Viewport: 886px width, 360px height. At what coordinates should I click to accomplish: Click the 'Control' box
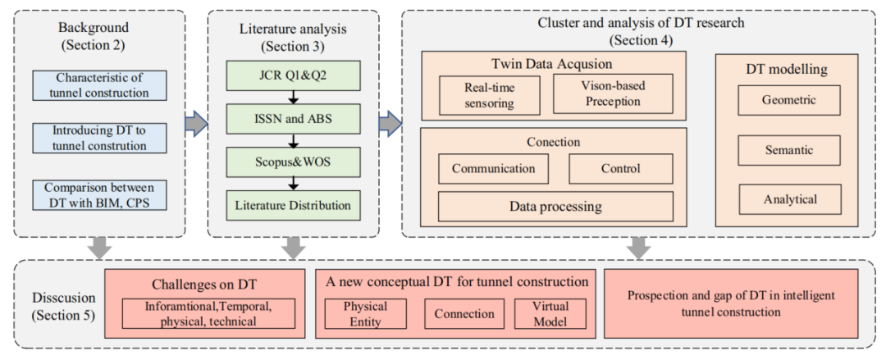click(620, 169)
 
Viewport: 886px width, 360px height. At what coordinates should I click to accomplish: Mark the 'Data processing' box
click(555, 206)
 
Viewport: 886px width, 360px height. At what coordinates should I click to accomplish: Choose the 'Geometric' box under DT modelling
click(788, 101)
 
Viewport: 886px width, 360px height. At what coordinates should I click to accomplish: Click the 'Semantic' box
click(788, 150)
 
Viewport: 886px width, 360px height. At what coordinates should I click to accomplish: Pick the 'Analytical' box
click(788, 199)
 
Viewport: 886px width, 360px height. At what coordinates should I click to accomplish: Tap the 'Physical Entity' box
click(365, 313)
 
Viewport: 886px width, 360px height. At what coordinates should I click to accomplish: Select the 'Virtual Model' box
click(550, 313)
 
